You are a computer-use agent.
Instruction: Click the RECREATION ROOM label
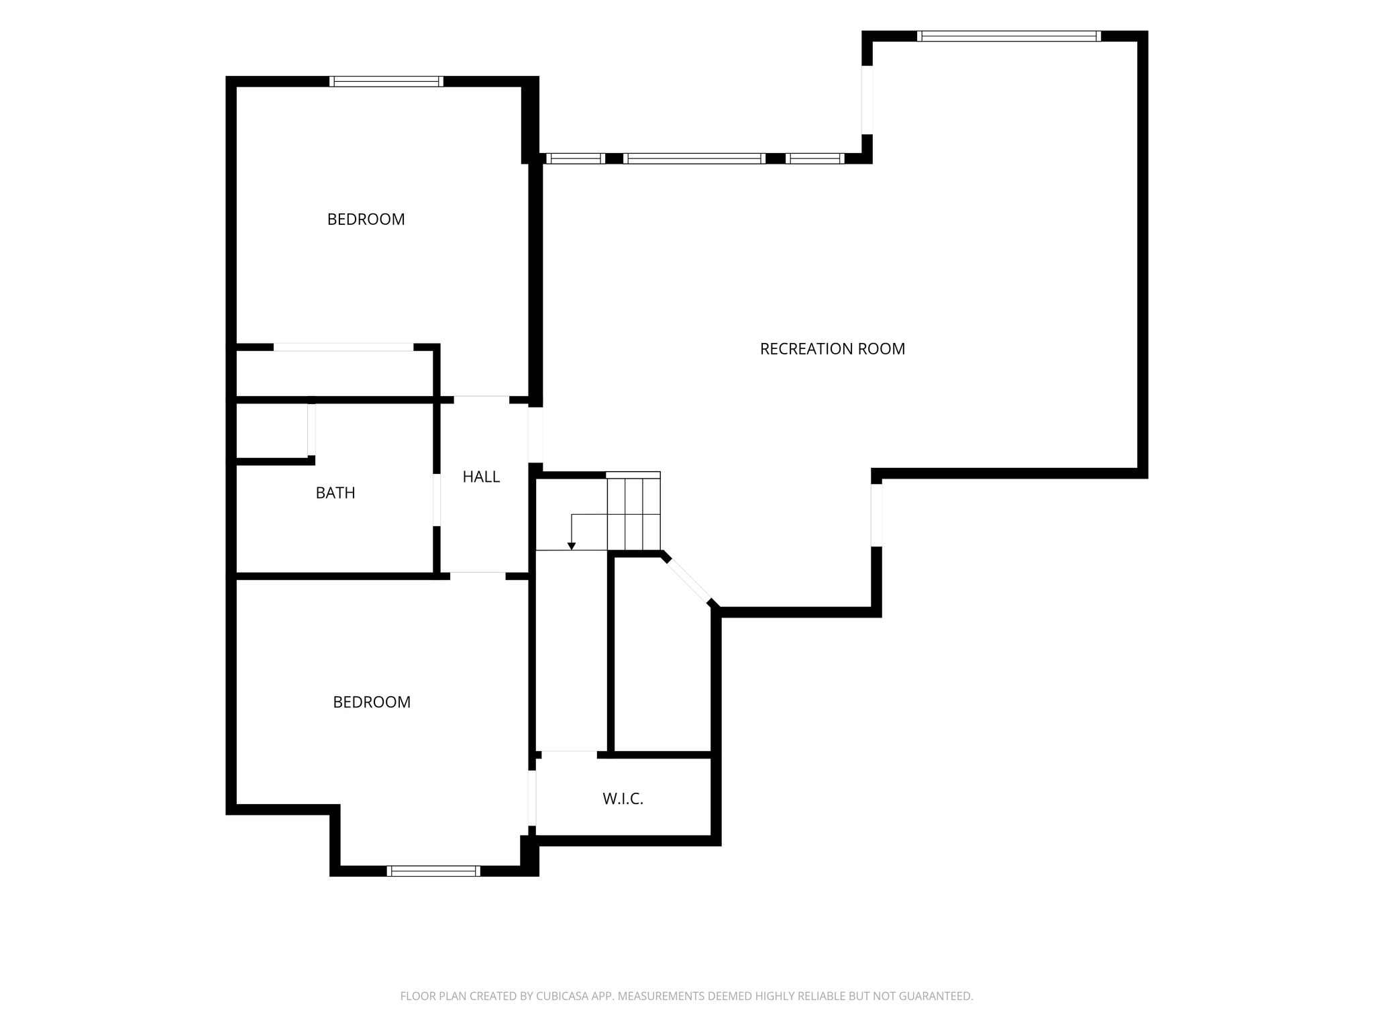[x=832, y=349]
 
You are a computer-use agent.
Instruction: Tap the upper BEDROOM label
[x=366, y=219]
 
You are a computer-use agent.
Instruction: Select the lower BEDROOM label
[x=372, y=702]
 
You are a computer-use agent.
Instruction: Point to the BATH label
[x=335, y=493]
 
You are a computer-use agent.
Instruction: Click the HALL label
[x=481, y=477]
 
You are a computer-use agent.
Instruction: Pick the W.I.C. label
[x=623, y=799]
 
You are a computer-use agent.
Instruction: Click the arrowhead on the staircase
[x=571, y=546]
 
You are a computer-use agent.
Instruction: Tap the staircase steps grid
[x=633, y=511]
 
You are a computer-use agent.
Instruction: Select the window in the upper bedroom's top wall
[x=386, y=81]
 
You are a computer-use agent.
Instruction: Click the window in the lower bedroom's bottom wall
[x=434, y=871]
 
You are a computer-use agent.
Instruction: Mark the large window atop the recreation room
[x=1009, y=36]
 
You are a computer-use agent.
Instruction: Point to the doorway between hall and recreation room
[x=535, y=435]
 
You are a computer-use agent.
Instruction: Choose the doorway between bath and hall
[x=436, y=500]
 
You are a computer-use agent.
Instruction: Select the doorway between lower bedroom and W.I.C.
[x=532, y=798]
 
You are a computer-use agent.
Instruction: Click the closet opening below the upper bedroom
[x=343, y=347]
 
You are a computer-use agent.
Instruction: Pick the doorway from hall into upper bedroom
[x=482, y=399]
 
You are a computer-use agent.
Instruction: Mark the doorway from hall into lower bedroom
[x=478, y=576]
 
